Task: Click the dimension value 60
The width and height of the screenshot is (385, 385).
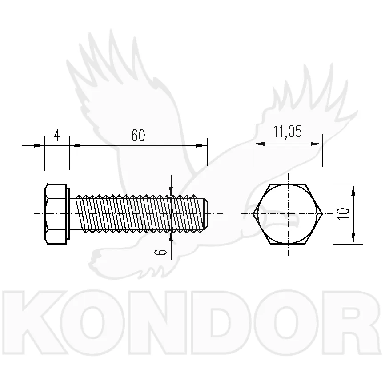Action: click(x=138, y=135)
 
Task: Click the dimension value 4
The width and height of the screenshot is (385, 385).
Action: click(x=57, y=135)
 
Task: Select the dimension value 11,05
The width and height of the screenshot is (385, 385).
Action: click(x=288, y=132)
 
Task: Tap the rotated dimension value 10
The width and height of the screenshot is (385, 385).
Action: click(x=344, y=213)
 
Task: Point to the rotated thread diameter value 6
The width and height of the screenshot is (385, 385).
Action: click(x=161, y=252)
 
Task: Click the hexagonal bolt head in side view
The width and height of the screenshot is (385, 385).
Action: click(x=56, y=214)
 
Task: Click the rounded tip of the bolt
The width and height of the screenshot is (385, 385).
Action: click(x=206, y=214)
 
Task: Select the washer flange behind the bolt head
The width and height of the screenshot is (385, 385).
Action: click(x=68, y=214)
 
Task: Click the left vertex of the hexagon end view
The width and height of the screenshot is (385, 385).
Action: click(x=253, y=214)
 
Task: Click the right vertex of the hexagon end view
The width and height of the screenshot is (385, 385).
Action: click(x=322, y=214)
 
